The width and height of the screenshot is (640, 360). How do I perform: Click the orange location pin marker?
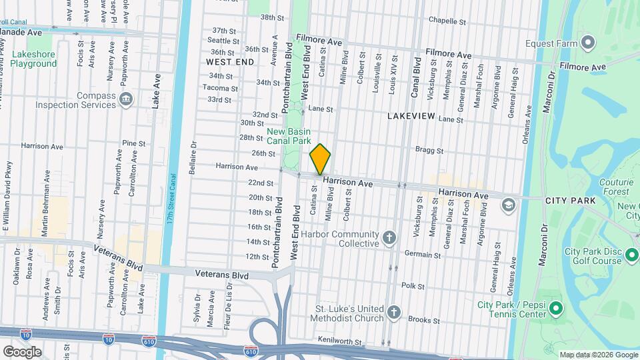(320, 159)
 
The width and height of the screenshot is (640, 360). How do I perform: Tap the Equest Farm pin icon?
(587, 44)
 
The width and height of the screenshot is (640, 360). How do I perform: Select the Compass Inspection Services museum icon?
(125, 100)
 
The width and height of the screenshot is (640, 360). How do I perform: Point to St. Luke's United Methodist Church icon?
(394, 313)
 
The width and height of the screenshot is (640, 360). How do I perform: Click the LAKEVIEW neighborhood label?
(411, 116)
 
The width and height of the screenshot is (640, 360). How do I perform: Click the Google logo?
(22, 351)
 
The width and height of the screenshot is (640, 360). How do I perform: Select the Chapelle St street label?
(446, 20)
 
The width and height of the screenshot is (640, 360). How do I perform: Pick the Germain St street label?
(423, 255)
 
